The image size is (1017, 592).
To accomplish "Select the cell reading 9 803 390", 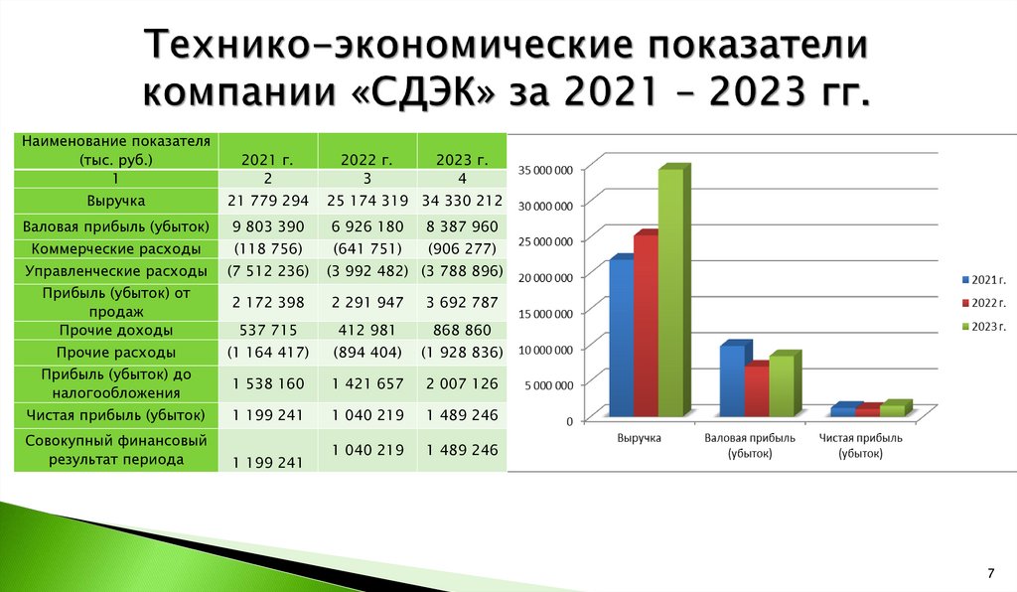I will [x=269, y=226].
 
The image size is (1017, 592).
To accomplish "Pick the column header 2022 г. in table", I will [x=367, y=159].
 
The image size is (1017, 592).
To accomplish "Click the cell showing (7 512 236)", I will [x=269, y=270].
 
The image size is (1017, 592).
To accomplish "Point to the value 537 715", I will [x=269, y=330].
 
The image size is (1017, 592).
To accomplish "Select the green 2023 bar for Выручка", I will [x=670, y=293].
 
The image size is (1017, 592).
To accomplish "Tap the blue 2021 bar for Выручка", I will [x=621, y=338].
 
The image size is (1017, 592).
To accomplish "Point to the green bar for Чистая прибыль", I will [x=894, y=408].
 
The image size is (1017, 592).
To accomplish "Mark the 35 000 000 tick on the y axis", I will [x=545, y=170].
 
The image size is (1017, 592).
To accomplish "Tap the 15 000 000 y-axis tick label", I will [x=545, y=313].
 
